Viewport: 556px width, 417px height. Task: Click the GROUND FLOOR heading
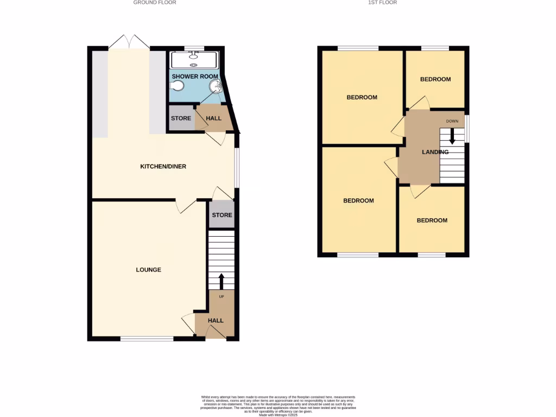coord(155,3)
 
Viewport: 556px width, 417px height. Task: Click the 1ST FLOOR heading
coord(383,3)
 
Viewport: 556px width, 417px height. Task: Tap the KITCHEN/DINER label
coord(163,166)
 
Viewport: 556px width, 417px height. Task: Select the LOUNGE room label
coord(148,270)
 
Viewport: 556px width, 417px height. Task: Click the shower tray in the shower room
coord(194,59)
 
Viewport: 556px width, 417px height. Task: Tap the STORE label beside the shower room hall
coord(181,118)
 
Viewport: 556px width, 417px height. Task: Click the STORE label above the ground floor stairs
coord(222,215)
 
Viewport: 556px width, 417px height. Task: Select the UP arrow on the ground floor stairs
coord(221,281)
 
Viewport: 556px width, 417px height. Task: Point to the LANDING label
coord(435,152)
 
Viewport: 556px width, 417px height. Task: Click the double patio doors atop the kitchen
coord(129,42)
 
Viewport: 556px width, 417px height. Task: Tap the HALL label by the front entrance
coord(216,320)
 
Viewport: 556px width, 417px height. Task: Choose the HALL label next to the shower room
coord(214,118)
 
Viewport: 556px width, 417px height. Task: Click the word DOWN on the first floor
coord(452,121)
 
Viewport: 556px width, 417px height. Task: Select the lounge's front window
coord(147,339)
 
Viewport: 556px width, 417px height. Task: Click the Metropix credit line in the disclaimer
coord(278,414)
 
